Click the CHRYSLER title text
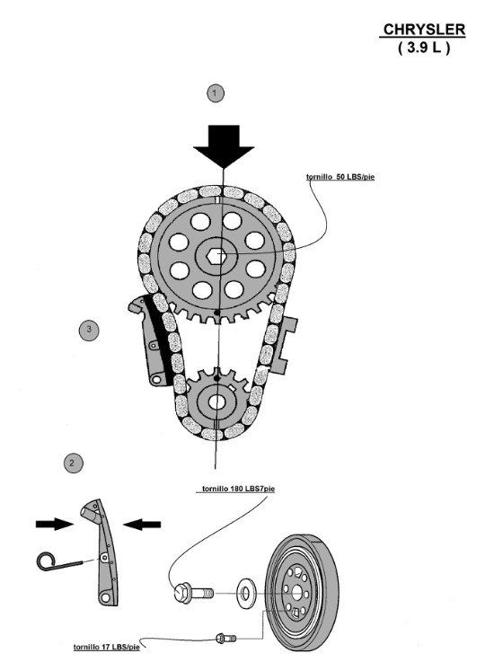pyautogui.click(x=424, y=30)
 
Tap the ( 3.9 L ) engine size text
pyautogui.click(x=423, y=48)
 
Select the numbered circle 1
pyautogui.click(x=216, y=93)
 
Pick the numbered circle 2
pyautogui.click(x=73, y=463)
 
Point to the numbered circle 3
pyautogui.click(x=89, y=330)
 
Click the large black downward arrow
pyautogui.click(x=224, y=146)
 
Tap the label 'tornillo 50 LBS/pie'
pyautogui.click(x=340, y=177)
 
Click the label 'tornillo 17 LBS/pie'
pyautogui.click(x=106, y=647)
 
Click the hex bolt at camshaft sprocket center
pyautogui.click(x=216, y=255)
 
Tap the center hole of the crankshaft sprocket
pyautogui.click(x=216, y=402)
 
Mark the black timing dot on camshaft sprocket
pyautogui.click(x=217, y=313)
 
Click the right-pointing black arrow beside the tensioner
pyautogui.click(x=55, y=525)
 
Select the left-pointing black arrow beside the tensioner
pyautogui.click(x=142, y=525)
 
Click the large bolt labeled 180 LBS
pyautogui.click(x=193, y=594)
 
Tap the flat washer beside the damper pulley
pyautogui.click(x=244, y=594)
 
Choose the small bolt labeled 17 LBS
pyautogui.click(x=225, y=639)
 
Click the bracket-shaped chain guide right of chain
pyautogui.click(x=282, y=345)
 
